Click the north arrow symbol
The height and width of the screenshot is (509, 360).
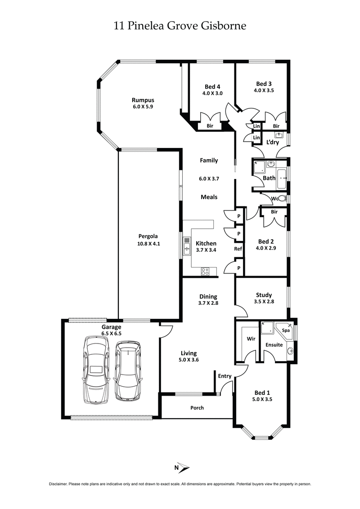(183, 468)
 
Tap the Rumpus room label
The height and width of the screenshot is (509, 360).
(143, 100)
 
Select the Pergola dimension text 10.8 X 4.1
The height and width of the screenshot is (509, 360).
(149, 243)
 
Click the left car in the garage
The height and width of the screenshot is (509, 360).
(96, 371)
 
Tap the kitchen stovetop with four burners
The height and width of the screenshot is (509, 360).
(205, 271)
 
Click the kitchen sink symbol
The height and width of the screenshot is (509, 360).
(186, 246)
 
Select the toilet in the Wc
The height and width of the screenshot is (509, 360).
(283, 199)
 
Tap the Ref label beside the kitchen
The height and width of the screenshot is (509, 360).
(238, 249)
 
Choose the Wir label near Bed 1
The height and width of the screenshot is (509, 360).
(251, 339)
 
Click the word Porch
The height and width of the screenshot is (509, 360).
(197, 408)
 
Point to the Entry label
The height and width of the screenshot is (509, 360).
(225, 376)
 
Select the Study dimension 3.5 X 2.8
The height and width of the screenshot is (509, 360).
(261, 302)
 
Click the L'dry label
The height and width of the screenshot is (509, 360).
(273, 143)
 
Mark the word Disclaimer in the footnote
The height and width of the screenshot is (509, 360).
(58, 484)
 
